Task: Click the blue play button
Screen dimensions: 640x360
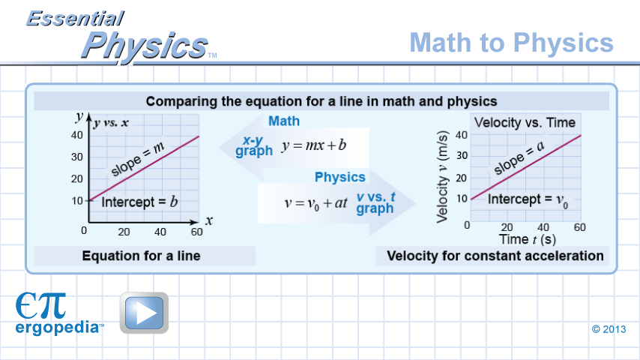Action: (x=144, y=313)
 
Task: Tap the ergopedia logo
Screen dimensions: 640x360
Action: (x=59, y=313)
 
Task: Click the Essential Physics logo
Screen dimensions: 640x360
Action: (x=121, y=36)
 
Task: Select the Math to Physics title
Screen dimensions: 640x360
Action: (x=511, y=43)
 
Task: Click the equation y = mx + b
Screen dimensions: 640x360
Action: (x=313, y=145)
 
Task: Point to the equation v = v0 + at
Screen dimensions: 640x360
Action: (x=316, y=203)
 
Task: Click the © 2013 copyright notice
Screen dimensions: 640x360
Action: (x=609, y=329)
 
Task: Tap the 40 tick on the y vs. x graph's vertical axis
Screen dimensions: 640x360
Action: (x=76, y=135)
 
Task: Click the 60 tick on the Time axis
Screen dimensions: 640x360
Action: (x=579, y=227)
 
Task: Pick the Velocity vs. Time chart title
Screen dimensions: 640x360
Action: (x=525, y=122)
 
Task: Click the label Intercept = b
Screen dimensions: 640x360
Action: (x=139, y=202)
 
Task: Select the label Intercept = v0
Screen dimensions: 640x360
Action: (x=528, y=199)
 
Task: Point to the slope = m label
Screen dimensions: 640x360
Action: (x=137, y=159)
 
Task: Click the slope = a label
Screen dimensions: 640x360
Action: (x=519, y=157)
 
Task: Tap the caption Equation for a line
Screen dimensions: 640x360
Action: (x=141, y=256)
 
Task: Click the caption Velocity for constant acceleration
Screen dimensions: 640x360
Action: (x=495, y=256)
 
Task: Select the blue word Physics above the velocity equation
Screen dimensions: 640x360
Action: (x=340, y=177)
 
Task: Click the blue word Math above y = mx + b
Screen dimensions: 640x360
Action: (x=284, y=121)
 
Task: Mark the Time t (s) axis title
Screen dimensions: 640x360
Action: (x=528, y=239)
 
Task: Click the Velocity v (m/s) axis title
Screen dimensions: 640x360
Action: (x=443, y=177)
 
